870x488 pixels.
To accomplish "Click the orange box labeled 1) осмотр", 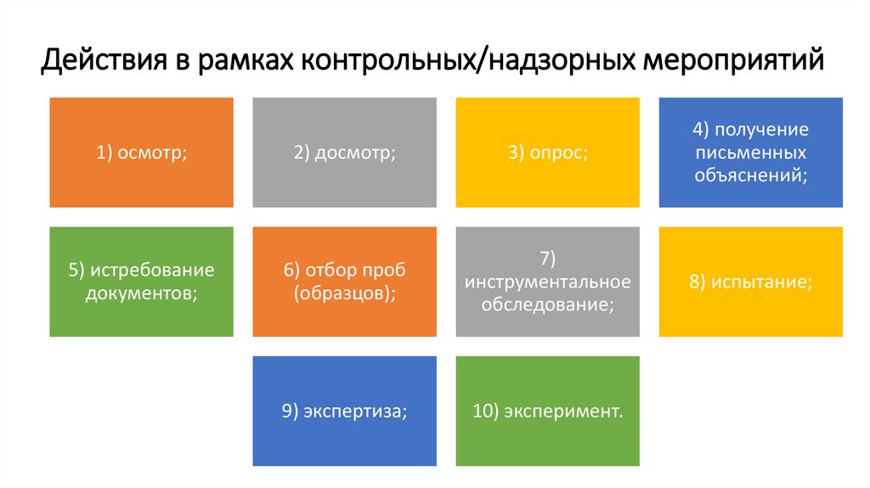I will point(141,153).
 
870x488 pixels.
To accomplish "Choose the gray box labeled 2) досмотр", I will point(345,153).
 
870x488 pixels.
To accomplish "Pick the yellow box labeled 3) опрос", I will point(548,153).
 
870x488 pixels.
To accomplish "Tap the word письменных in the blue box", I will point(751,153).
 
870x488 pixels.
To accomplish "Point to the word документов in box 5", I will point(141,293).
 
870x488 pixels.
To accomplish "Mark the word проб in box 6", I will point(383,270).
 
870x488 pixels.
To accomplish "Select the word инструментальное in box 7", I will point(548,281).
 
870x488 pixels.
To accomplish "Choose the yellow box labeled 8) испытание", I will point(751,281).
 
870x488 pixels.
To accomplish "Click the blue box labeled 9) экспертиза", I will point(345,411).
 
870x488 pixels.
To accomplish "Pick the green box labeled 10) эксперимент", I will point(548,411).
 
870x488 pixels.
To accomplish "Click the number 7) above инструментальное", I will point(548,258).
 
